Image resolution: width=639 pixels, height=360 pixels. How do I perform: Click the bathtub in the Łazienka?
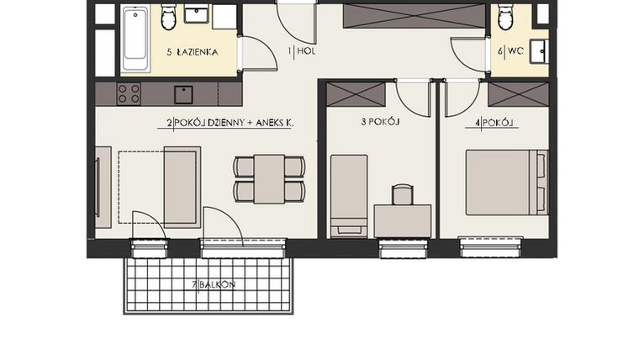coord(135,38)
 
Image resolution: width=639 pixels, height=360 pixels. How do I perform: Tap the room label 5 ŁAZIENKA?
coord(193,52)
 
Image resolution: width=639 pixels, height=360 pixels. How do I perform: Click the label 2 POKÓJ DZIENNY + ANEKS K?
coord(230,124)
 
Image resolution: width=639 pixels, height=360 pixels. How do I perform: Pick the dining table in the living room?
coord(269,178)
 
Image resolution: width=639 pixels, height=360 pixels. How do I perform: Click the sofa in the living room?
coord(181,187)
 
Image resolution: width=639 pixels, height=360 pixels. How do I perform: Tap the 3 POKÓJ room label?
coord(379,122)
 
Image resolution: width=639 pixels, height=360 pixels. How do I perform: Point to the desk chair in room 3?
coord(403,195)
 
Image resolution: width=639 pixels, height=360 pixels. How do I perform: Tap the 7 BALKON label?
coord(214,285)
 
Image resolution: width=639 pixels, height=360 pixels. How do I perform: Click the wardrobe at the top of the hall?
coord(415,15)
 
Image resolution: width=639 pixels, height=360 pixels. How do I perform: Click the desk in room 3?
coord(402,220)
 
